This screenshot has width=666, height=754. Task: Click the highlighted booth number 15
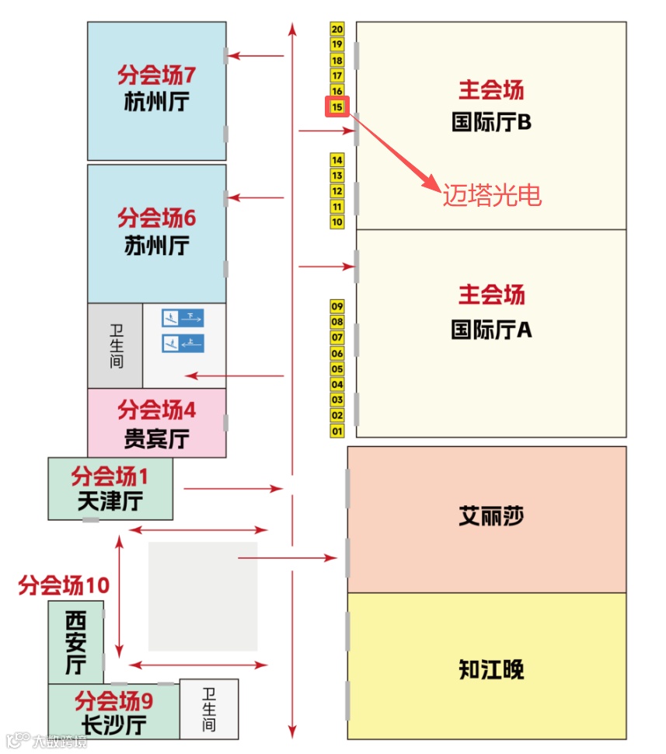pos(337,106)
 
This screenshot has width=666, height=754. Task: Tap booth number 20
pos(337,29)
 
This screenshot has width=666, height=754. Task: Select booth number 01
pos(337,431)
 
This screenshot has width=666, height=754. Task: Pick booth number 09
pos(337,306)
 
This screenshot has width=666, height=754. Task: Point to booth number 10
pos(337,222)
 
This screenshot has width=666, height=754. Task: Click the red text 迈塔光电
pos(492,195)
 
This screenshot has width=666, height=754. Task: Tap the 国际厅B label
pos(491,123)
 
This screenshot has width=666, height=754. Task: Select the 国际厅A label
pos(491,330)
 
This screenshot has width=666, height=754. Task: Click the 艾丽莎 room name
pos(491,516)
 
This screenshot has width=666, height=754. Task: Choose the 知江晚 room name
pos(491,669)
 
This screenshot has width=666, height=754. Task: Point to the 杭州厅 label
pos(156,102)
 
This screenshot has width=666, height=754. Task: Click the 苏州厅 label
pos(156,246)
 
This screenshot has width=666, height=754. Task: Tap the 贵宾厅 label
pos(156,438)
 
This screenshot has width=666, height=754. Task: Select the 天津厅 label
pos(110,501)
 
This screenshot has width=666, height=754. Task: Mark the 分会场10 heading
pos(64,585)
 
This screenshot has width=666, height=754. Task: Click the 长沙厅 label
pos(114,726)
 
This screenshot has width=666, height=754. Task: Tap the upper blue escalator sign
pos(183,317)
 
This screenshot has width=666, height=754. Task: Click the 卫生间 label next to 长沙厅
pos(209,709)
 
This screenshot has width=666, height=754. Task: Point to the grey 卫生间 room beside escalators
pos(115,346)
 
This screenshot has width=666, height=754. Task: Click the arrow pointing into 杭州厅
pos(256,56)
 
